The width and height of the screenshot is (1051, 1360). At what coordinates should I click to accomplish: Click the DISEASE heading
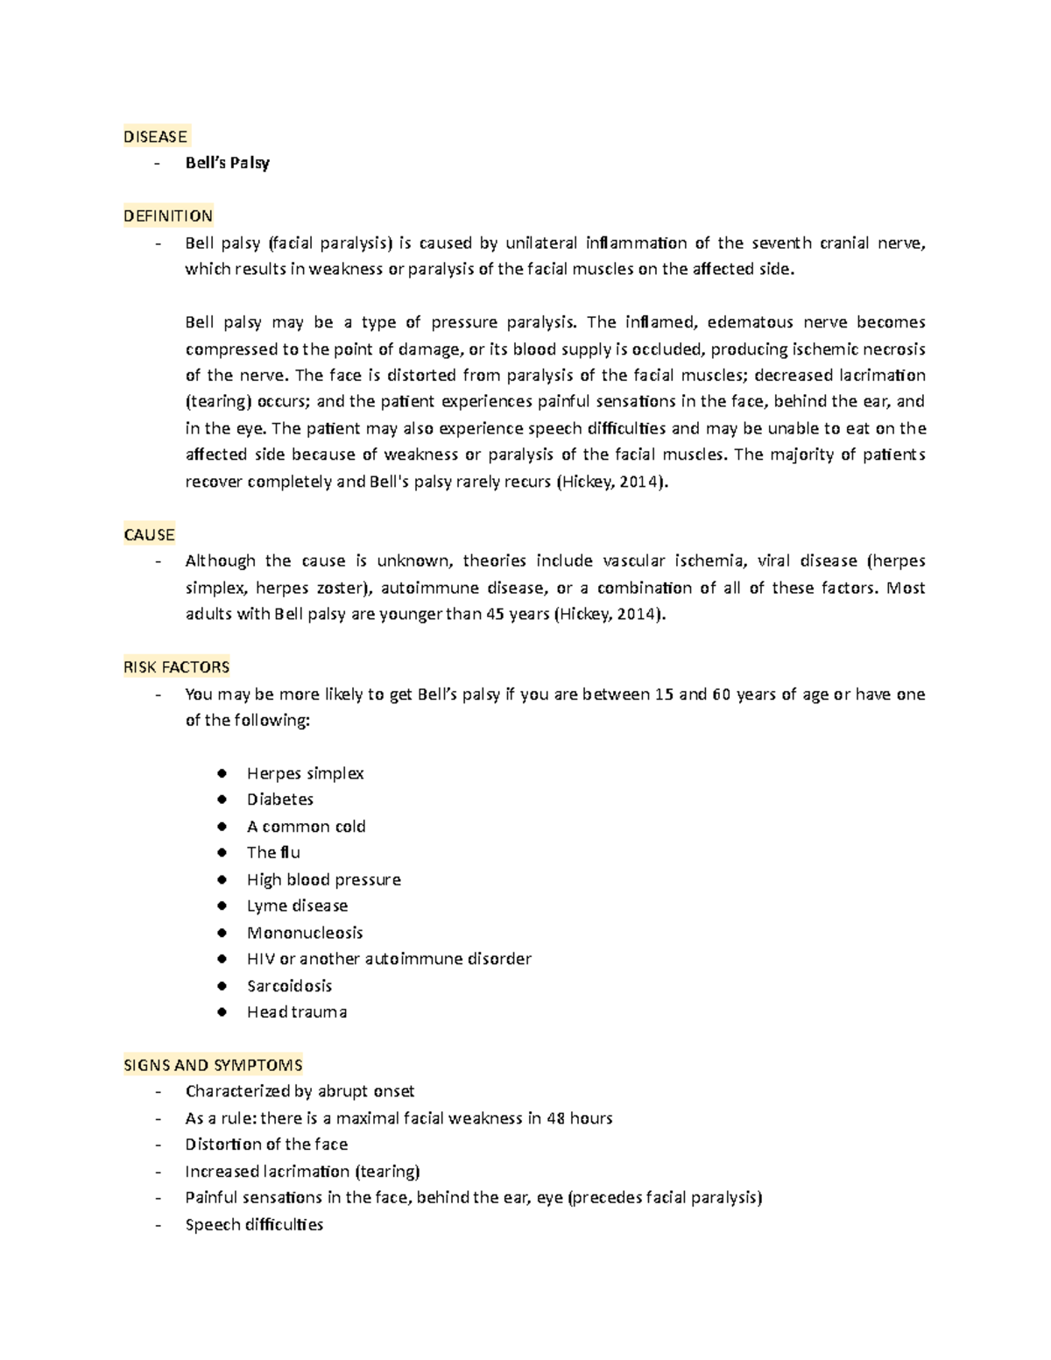(x=155, y=137)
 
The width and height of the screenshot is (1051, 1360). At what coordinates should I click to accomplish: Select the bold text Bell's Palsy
(x=227, y=163)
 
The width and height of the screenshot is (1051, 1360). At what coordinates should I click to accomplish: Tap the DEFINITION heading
(x=168, y=216)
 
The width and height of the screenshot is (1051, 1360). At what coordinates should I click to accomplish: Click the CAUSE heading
(x=149, y=535)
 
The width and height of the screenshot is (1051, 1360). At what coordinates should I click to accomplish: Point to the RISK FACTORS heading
(x=177, y=667)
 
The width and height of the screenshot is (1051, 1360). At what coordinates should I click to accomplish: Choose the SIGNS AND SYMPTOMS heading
(x=213, y=1066)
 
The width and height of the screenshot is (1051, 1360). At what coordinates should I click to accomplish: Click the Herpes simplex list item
(x=305, y=773)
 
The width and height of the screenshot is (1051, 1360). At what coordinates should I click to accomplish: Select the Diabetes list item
(x=279, y=800)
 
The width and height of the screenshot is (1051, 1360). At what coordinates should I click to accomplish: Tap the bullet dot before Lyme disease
(x=223, y=906)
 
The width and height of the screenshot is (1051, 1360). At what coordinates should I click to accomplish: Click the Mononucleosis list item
(x=304, y=933)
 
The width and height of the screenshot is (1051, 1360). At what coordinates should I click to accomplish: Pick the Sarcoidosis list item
(x=289, y=986)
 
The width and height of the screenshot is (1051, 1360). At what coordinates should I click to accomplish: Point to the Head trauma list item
(x=296, y=1012)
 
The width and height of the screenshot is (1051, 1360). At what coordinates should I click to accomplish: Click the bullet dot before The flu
(x=223, y=853)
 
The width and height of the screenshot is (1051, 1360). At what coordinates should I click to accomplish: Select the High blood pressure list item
(x=323, y=879)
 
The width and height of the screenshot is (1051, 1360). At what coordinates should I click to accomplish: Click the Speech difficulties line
(x=254, y=1225)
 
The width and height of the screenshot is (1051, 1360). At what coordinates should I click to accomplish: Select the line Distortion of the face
(x=266, y=1145)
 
